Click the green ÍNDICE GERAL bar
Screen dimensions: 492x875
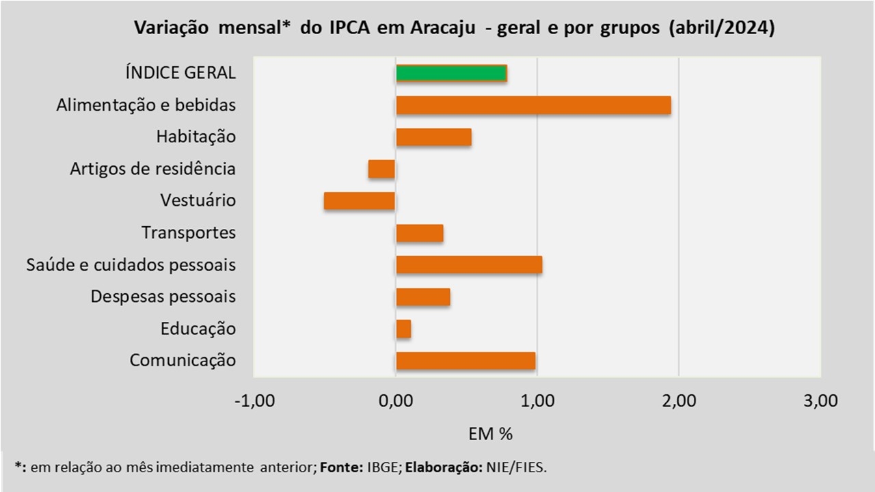pyautogui.click(x=451, y=73)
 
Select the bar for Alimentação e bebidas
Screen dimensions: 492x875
pyautogui.click(x=533, y=105)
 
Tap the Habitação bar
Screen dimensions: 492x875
pyautogui.click(x=433, y=137)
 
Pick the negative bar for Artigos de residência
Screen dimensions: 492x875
pyautogui.click(x=381, y=169)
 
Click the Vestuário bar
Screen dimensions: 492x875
pyautogui.click(x=360, y=201)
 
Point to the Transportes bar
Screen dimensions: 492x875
pyautogui.click(x=419, y=233)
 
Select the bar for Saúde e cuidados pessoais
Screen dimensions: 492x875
pyautogui.click(x=469, y=264)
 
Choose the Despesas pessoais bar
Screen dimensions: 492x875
pyautogui.click(x=422, y=297)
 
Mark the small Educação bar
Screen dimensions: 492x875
pyautogui.click(x=403, y=329)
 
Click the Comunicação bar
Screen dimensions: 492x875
pyautogui.click(x=466, y=361)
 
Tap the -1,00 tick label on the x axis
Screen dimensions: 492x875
pyautogui.click(x=254, y=401)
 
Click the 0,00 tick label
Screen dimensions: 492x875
pyautogui.click(x=395, y=401)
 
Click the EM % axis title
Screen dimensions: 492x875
pyautogui.click(x=490, y=434)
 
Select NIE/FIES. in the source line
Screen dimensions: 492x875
pyautogui.click(x=516, y=467)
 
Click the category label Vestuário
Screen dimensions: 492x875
pyautogui.click(x=198, y=201)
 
